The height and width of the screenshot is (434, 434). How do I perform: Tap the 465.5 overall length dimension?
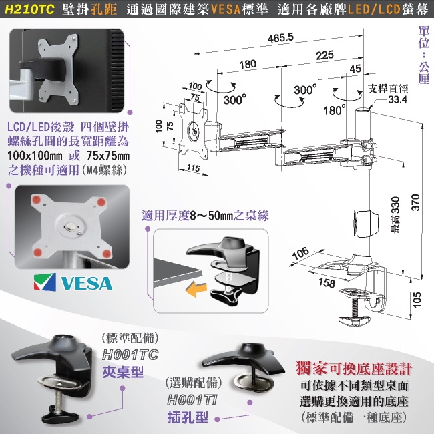[x=281, y=39]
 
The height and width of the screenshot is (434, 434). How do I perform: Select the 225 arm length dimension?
[x=325, y=56]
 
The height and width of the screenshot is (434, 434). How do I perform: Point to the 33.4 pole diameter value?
[x=397, y=99]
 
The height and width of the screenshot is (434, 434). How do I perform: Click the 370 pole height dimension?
[x=415, y=207]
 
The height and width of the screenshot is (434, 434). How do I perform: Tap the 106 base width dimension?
[x=300, y=253]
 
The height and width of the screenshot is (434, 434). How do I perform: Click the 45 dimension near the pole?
[x=355, y=69]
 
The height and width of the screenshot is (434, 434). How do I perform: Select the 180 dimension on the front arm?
[x=247, y=65]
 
